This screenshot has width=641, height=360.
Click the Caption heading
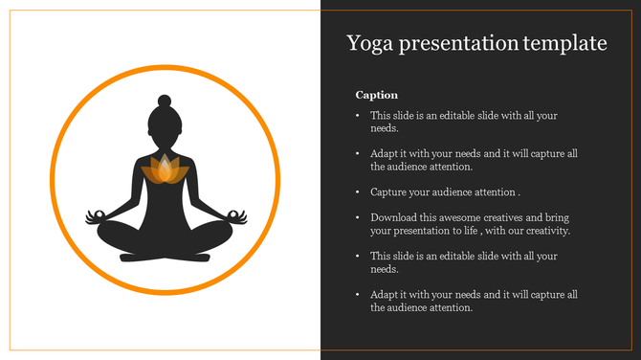[x=377, y=95]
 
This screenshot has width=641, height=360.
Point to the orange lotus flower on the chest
[x=165, y=170]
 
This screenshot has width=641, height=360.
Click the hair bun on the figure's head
[x=165, y=100]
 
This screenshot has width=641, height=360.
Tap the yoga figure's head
[x=165, y=121]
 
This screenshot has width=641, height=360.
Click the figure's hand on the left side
[x=93, y=217]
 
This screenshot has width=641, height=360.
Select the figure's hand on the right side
[x=237, y=217]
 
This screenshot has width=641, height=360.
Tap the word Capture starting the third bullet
[x=390, y=191]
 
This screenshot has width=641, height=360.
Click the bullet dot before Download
[x=357, y=218]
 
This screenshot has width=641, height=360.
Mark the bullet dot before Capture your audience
[x=357, y=191]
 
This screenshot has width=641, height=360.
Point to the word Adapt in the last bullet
[x=386, y=295]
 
